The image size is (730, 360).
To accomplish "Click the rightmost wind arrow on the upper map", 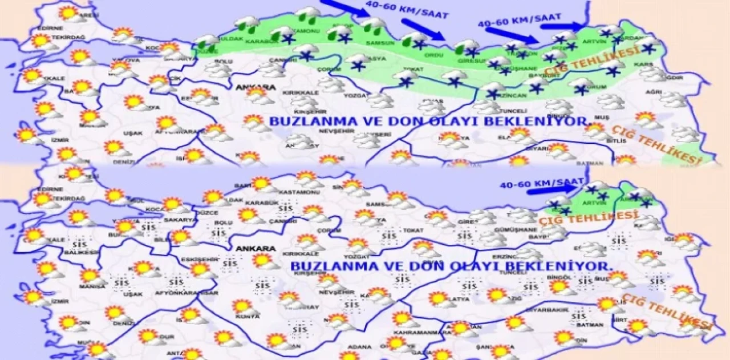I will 571,26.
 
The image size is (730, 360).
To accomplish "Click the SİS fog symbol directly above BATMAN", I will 579,315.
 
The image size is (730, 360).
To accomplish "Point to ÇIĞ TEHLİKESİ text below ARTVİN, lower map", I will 588,217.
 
